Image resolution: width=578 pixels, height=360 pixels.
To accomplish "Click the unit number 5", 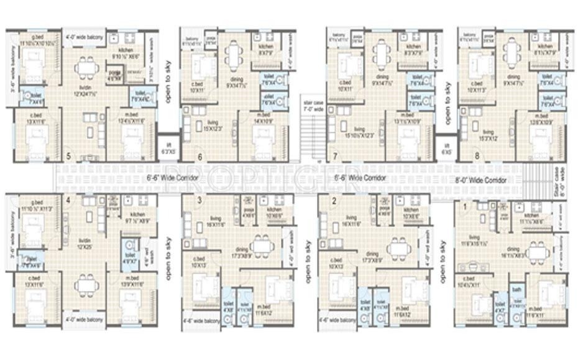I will pos(68,156).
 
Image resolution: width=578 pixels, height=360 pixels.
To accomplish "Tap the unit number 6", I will pos(200,157).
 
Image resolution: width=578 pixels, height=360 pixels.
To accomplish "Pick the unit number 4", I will pos(68,200).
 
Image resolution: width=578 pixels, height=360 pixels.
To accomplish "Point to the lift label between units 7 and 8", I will pos(446,147).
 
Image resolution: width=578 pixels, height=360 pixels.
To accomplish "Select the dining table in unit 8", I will pos(511,52).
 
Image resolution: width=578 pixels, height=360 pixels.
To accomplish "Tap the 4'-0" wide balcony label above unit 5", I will pos(85,36).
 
